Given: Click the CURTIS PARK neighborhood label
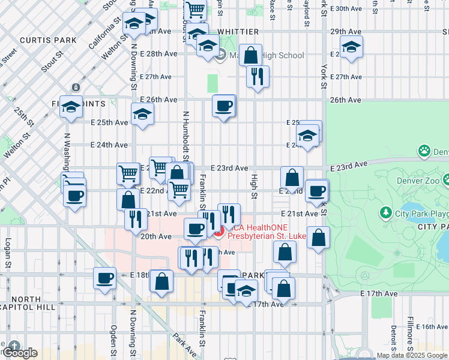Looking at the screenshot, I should pyautogui.click(x=48, y=40).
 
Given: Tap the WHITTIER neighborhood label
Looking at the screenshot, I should pyautogui.click(x=238, y=32).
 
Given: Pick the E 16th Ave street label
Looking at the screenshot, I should pyautogui.click(x=430, y=326).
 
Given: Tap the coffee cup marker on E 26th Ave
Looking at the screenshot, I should pyautogui.click(x=224, y=106).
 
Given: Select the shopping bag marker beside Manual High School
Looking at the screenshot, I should pyautogui.click(x=251, y=55).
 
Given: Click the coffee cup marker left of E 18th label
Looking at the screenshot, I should pyautogui.click(x=105, y=278).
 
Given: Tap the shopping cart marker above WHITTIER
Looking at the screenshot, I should pyautogui.click(x=195, y=10).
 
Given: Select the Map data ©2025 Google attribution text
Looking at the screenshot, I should pyautogui.click(x=412, y=355).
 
